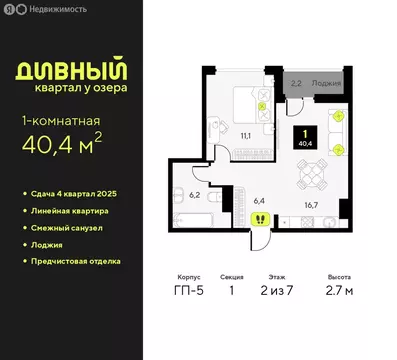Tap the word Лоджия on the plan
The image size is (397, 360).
325,85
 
